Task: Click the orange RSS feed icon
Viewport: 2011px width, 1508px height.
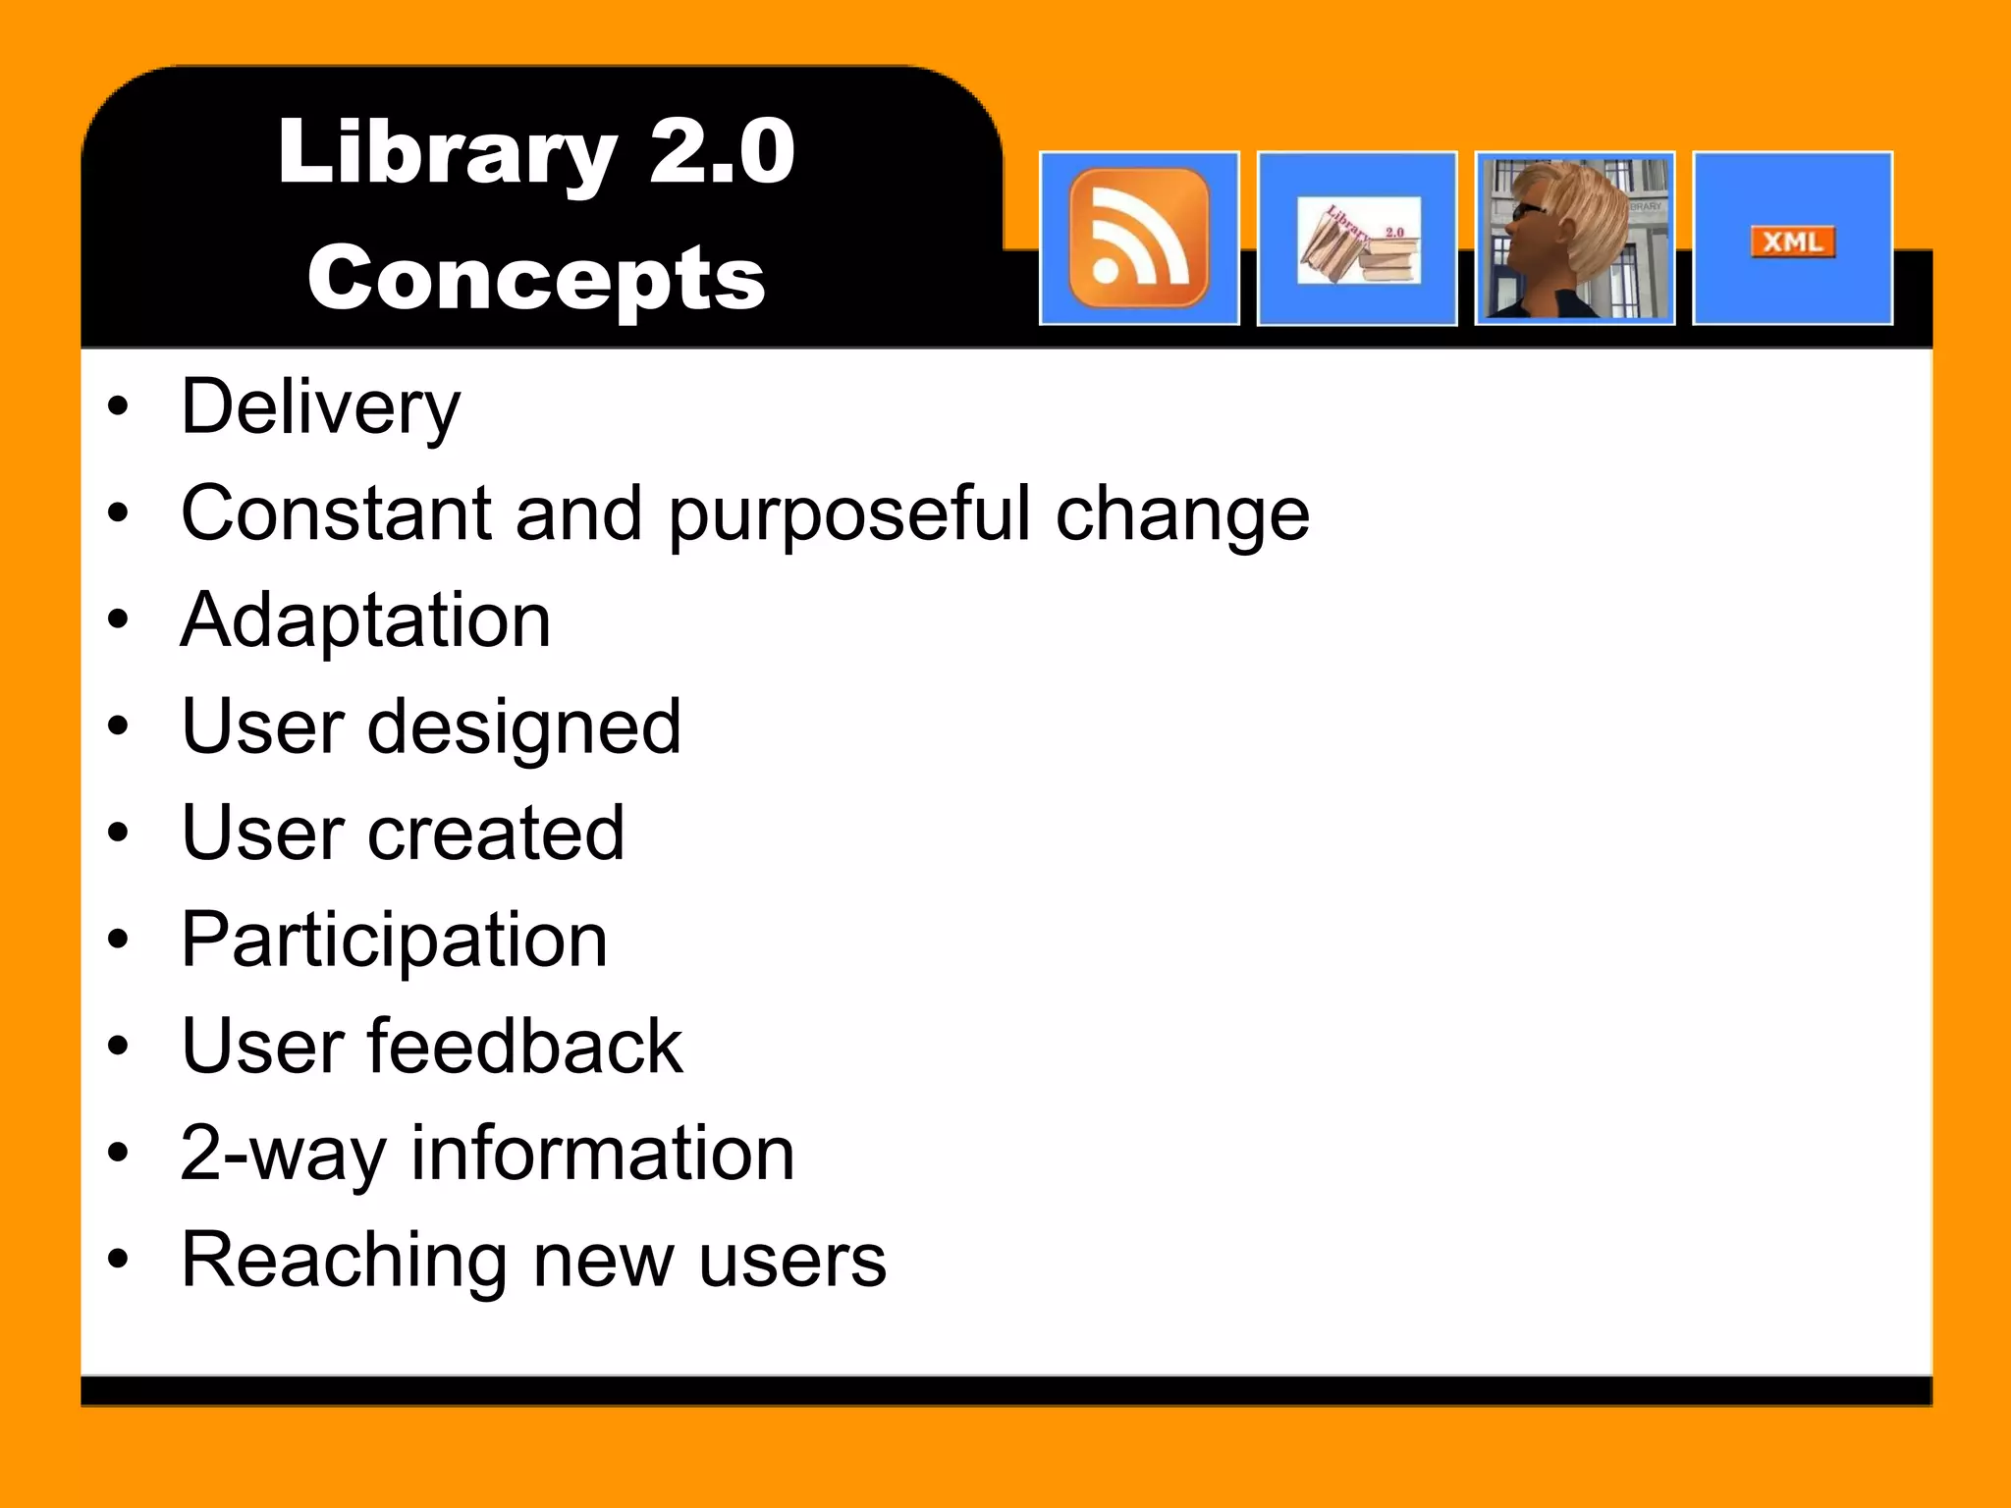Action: pos(1138,238)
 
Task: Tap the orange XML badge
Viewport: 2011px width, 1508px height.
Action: pos(1792,242)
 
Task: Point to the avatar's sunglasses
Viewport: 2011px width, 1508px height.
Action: pos(1527,211)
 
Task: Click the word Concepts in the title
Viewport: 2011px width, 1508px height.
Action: pos(536,279)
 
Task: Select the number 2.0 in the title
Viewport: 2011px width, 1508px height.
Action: pos(722,151)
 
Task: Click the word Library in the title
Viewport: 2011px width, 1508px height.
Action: pos(447,153)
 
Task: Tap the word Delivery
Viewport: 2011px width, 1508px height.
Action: pos(320,407)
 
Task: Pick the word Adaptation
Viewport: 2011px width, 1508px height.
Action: pos(365,620)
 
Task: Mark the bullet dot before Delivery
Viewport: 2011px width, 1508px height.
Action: pos(119,406)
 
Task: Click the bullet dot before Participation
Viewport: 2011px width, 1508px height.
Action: pos(119,940)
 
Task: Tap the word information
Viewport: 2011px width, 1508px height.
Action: pos(602,1153)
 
